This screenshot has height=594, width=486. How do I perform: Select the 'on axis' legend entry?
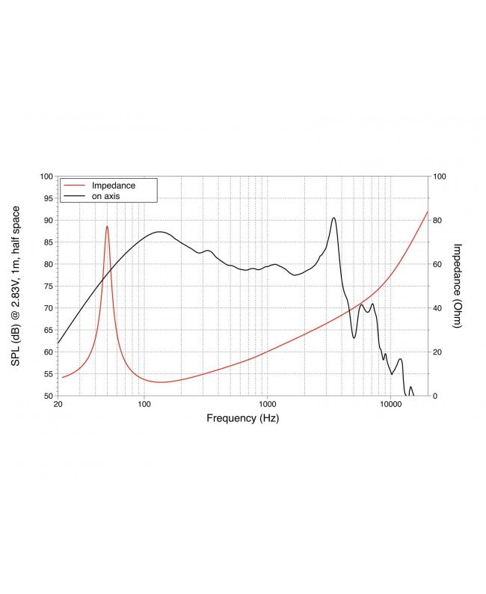[105, 195]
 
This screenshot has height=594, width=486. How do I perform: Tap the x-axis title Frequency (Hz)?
[242, 419]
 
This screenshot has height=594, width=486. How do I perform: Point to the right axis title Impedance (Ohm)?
[458, 286]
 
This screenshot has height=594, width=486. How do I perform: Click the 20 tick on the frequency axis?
[58, 405]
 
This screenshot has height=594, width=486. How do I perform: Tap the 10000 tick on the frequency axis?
[390, 405]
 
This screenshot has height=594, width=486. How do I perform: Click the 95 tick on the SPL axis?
[46, 198]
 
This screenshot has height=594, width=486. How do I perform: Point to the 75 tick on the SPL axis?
[46, 286]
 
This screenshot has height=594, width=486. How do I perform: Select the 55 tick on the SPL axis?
[46, 373]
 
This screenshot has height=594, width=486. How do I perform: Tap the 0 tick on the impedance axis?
[436, 395]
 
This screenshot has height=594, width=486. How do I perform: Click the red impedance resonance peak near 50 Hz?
[107, 226]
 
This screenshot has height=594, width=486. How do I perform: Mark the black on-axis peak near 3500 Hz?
[333, 218]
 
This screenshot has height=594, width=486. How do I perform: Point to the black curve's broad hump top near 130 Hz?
[159, 232]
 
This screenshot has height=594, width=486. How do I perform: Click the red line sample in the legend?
[75, 185]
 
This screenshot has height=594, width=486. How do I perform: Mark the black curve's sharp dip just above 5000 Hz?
[354, 337]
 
